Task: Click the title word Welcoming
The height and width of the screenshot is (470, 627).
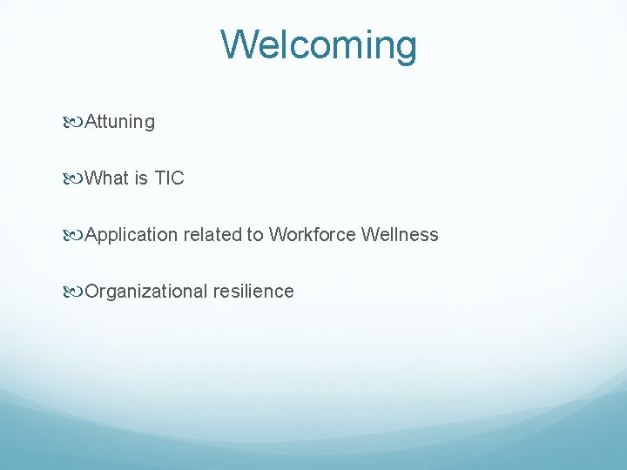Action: point(319,45)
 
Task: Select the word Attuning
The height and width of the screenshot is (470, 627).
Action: point(120,123)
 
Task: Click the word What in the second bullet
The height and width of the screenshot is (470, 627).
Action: point(107,178)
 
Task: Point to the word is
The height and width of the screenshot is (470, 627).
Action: point(142,178)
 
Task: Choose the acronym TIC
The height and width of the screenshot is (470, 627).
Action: point(169,178)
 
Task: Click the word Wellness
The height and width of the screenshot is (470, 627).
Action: point(400,235)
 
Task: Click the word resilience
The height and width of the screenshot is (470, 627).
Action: point(253,292)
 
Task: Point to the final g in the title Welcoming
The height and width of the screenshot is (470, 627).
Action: point(406,49)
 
